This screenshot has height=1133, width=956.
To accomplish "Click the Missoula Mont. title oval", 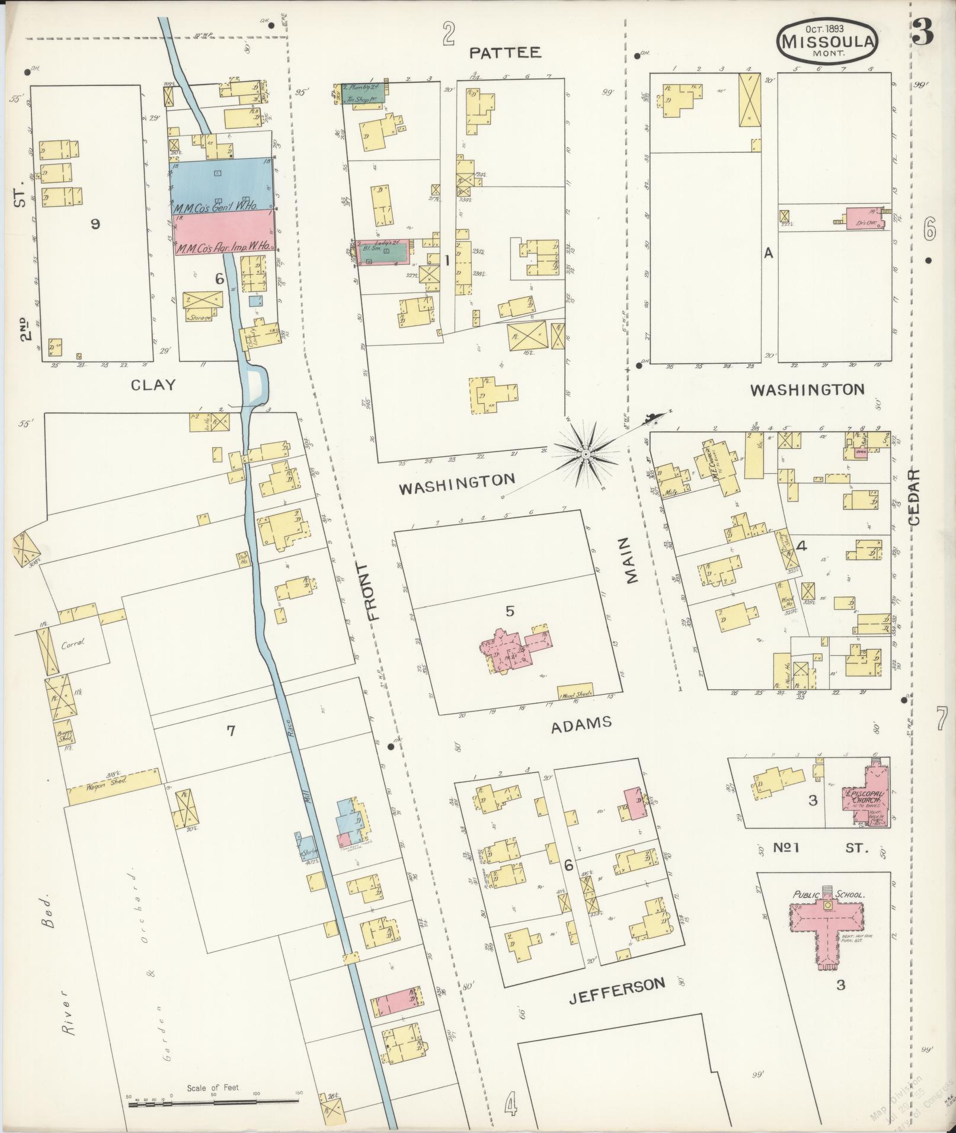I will point(827,40).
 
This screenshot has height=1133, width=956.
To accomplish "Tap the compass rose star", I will point(585,454).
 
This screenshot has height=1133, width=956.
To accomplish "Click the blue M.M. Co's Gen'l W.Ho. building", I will point(223,184).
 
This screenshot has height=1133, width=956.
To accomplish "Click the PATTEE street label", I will point(505,53).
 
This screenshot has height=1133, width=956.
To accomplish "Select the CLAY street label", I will point(154,385).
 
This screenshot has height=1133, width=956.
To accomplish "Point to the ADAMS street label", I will point(581,724).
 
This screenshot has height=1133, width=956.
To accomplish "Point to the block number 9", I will point(95,223).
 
